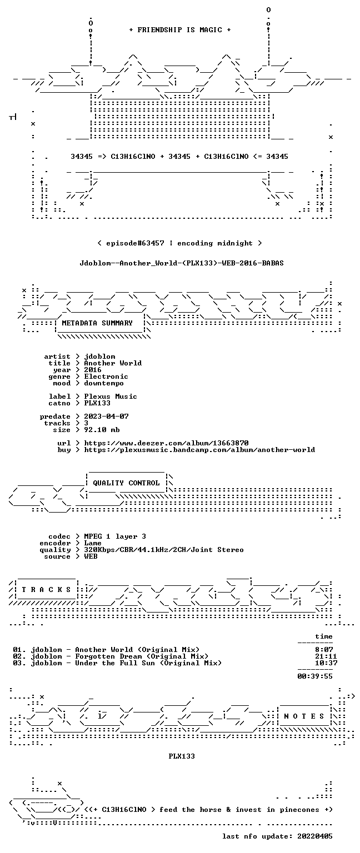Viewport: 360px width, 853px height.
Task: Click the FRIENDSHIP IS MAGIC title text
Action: click(x=180, y=30)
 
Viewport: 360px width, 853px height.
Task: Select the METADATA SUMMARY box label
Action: click(x=97, y=323)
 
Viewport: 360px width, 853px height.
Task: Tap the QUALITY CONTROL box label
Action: click(x=126, y=483)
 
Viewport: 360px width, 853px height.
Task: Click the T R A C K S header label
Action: click(x=46, y=589)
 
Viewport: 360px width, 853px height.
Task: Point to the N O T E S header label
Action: click(x=304, y=716)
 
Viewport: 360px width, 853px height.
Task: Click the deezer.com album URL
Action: click(x=167, y=443)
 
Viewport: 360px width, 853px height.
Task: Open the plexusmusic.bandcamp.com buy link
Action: click(x=199, y=450)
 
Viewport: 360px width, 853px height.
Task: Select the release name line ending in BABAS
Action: click(x=182, y=263)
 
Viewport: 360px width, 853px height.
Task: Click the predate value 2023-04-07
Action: click(x=106, y=417)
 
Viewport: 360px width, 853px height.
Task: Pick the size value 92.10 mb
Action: click(x=102, y=430)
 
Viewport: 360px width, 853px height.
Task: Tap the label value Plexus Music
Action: click(x=111, y=397)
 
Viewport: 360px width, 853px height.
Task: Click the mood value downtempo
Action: click(x=104, y=383)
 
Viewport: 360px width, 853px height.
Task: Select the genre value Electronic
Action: click(x=106, y=377)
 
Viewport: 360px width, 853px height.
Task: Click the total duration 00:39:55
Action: click(x=315, y=676)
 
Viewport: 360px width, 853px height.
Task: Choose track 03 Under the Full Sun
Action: click(x=117, y=663)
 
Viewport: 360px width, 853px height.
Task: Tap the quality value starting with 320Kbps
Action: click(x=164, y=550)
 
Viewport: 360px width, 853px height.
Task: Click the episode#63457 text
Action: click(x=135, y=243)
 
